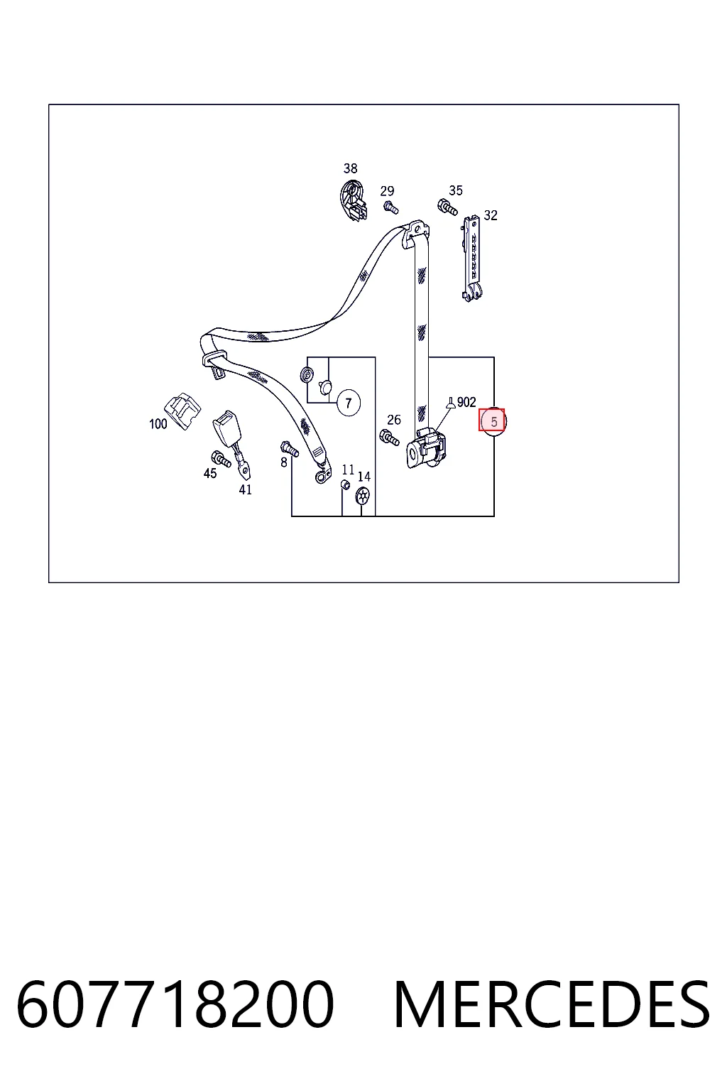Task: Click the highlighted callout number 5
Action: tap(492, 421)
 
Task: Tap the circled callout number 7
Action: tap(348, 403)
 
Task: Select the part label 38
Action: tap(350, 168)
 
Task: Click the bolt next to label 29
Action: tap(390, 207)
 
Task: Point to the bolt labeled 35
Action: tap(447, 207)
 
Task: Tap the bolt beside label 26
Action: tap(389, 437)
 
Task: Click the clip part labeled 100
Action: tap(182, 411)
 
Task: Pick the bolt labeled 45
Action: tap(221, 459)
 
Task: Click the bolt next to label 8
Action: tap(289, 449)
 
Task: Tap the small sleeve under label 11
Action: tap(345, 484)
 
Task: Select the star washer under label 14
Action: tap(363, 496)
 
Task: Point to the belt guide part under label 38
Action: tap(354, 200)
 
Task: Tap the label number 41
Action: tap(246, 489)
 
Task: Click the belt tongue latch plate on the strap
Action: tap(214, 364)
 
